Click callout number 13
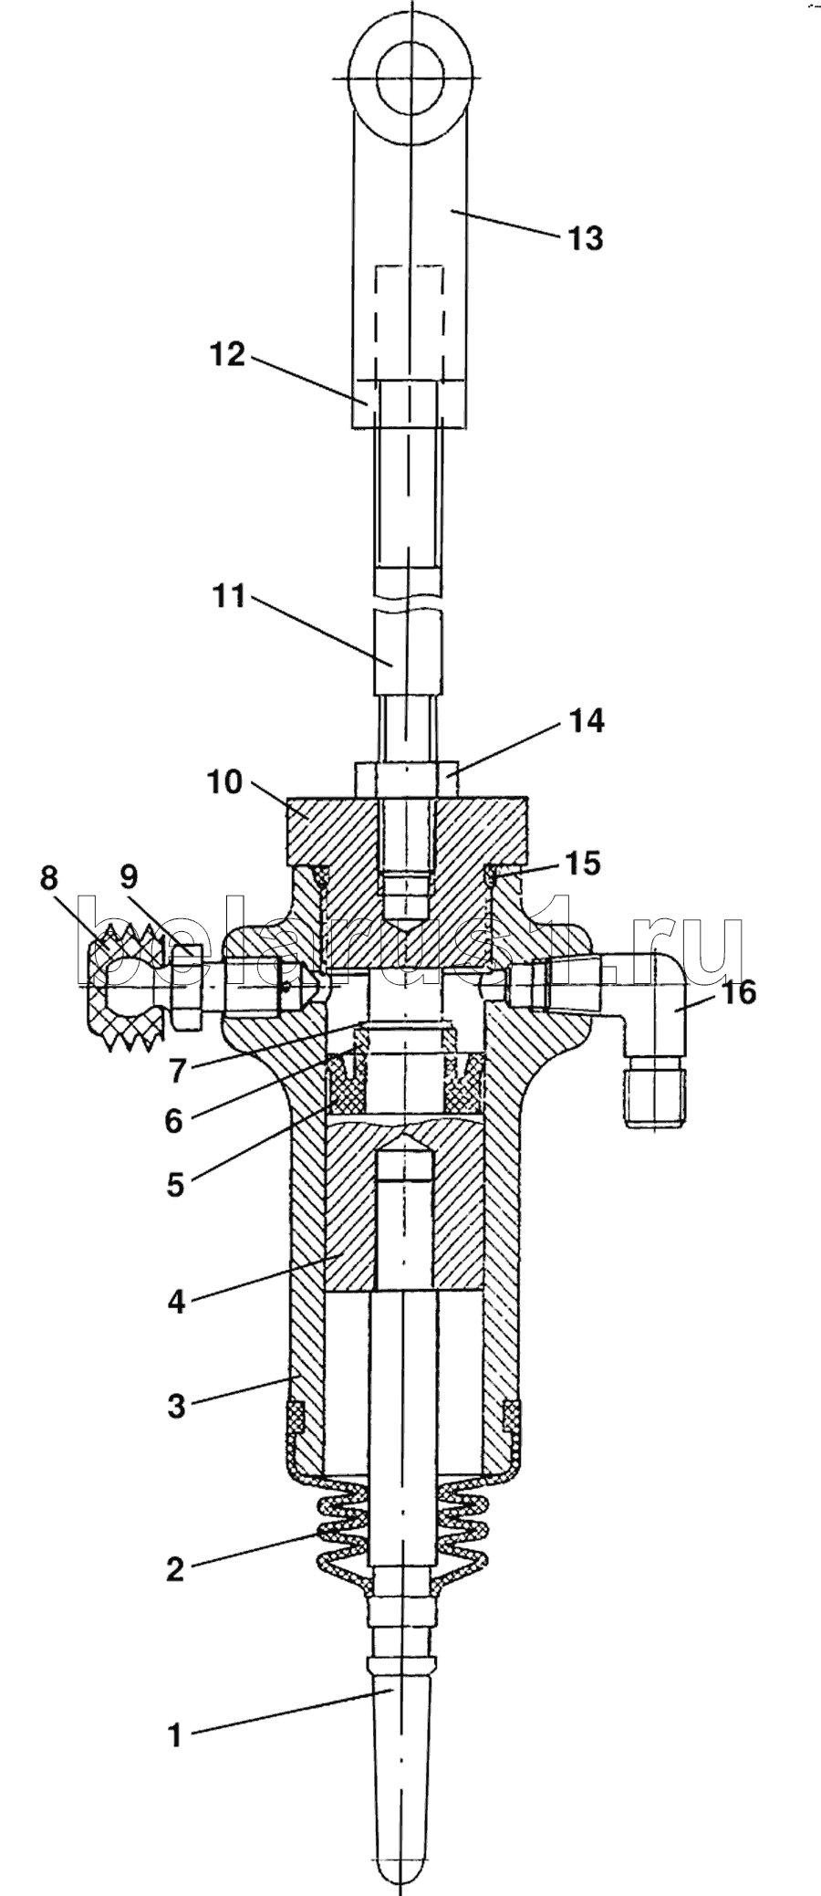[x=585, y=239]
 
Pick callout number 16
[x=739, y=992]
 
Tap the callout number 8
[x=48, y=878]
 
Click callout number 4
[x=176, y=1301]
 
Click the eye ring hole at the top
[x=411, y=78]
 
